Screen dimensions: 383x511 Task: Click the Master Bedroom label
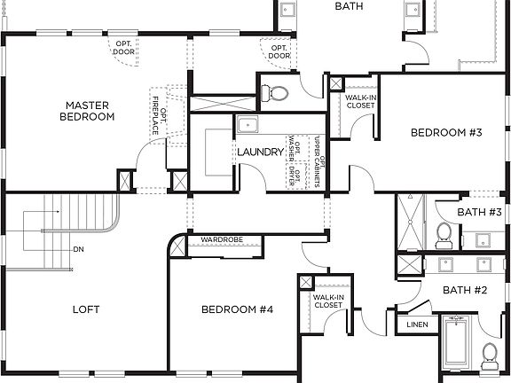point(88,110)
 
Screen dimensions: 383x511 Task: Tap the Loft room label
point(86,309)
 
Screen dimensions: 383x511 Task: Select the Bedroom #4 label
point(237,309)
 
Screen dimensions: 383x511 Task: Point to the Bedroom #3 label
point(445,133)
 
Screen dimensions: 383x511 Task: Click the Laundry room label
point(259,152)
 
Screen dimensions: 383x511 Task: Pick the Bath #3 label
point(480,213)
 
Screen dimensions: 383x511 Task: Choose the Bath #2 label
point(467,290)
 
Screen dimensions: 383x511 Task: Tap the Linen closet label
point(418,324)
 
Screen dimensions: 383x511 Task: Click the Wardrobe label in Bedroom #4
point(222,239)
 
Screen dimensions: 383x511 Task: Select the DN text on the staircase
point(79,249)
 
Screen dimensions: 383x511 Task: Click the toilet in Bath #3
point(444,235)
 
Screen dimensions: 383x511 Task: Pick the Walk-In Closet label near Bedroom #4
point(327,301)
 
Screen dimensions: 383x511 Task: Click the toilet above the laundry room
point(279,93)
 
